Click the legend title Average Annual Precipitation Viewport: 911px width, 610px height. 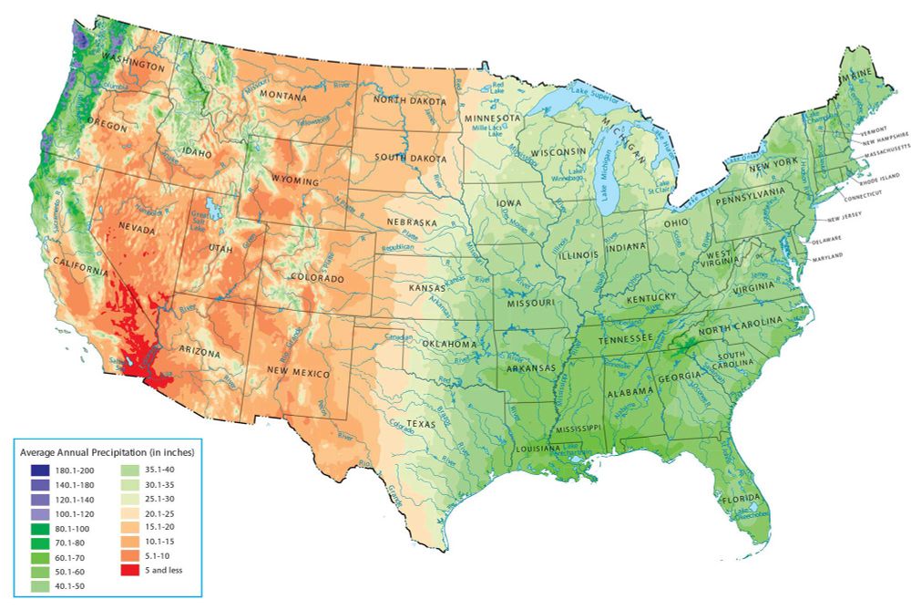click(x=107, y=451)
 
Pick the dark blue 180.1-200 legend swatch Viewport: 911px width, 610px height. click(x=39, y=470)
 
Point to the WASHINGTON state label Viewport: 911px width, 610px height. click(x=133, y=67)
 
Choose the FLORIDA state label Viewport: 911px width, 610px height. click(x=739, y=501)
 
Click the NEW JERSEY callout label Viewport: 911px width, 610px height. click(x=844, y=220)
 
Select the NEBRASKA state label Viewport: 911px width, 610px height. click(x=412, y=222)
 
